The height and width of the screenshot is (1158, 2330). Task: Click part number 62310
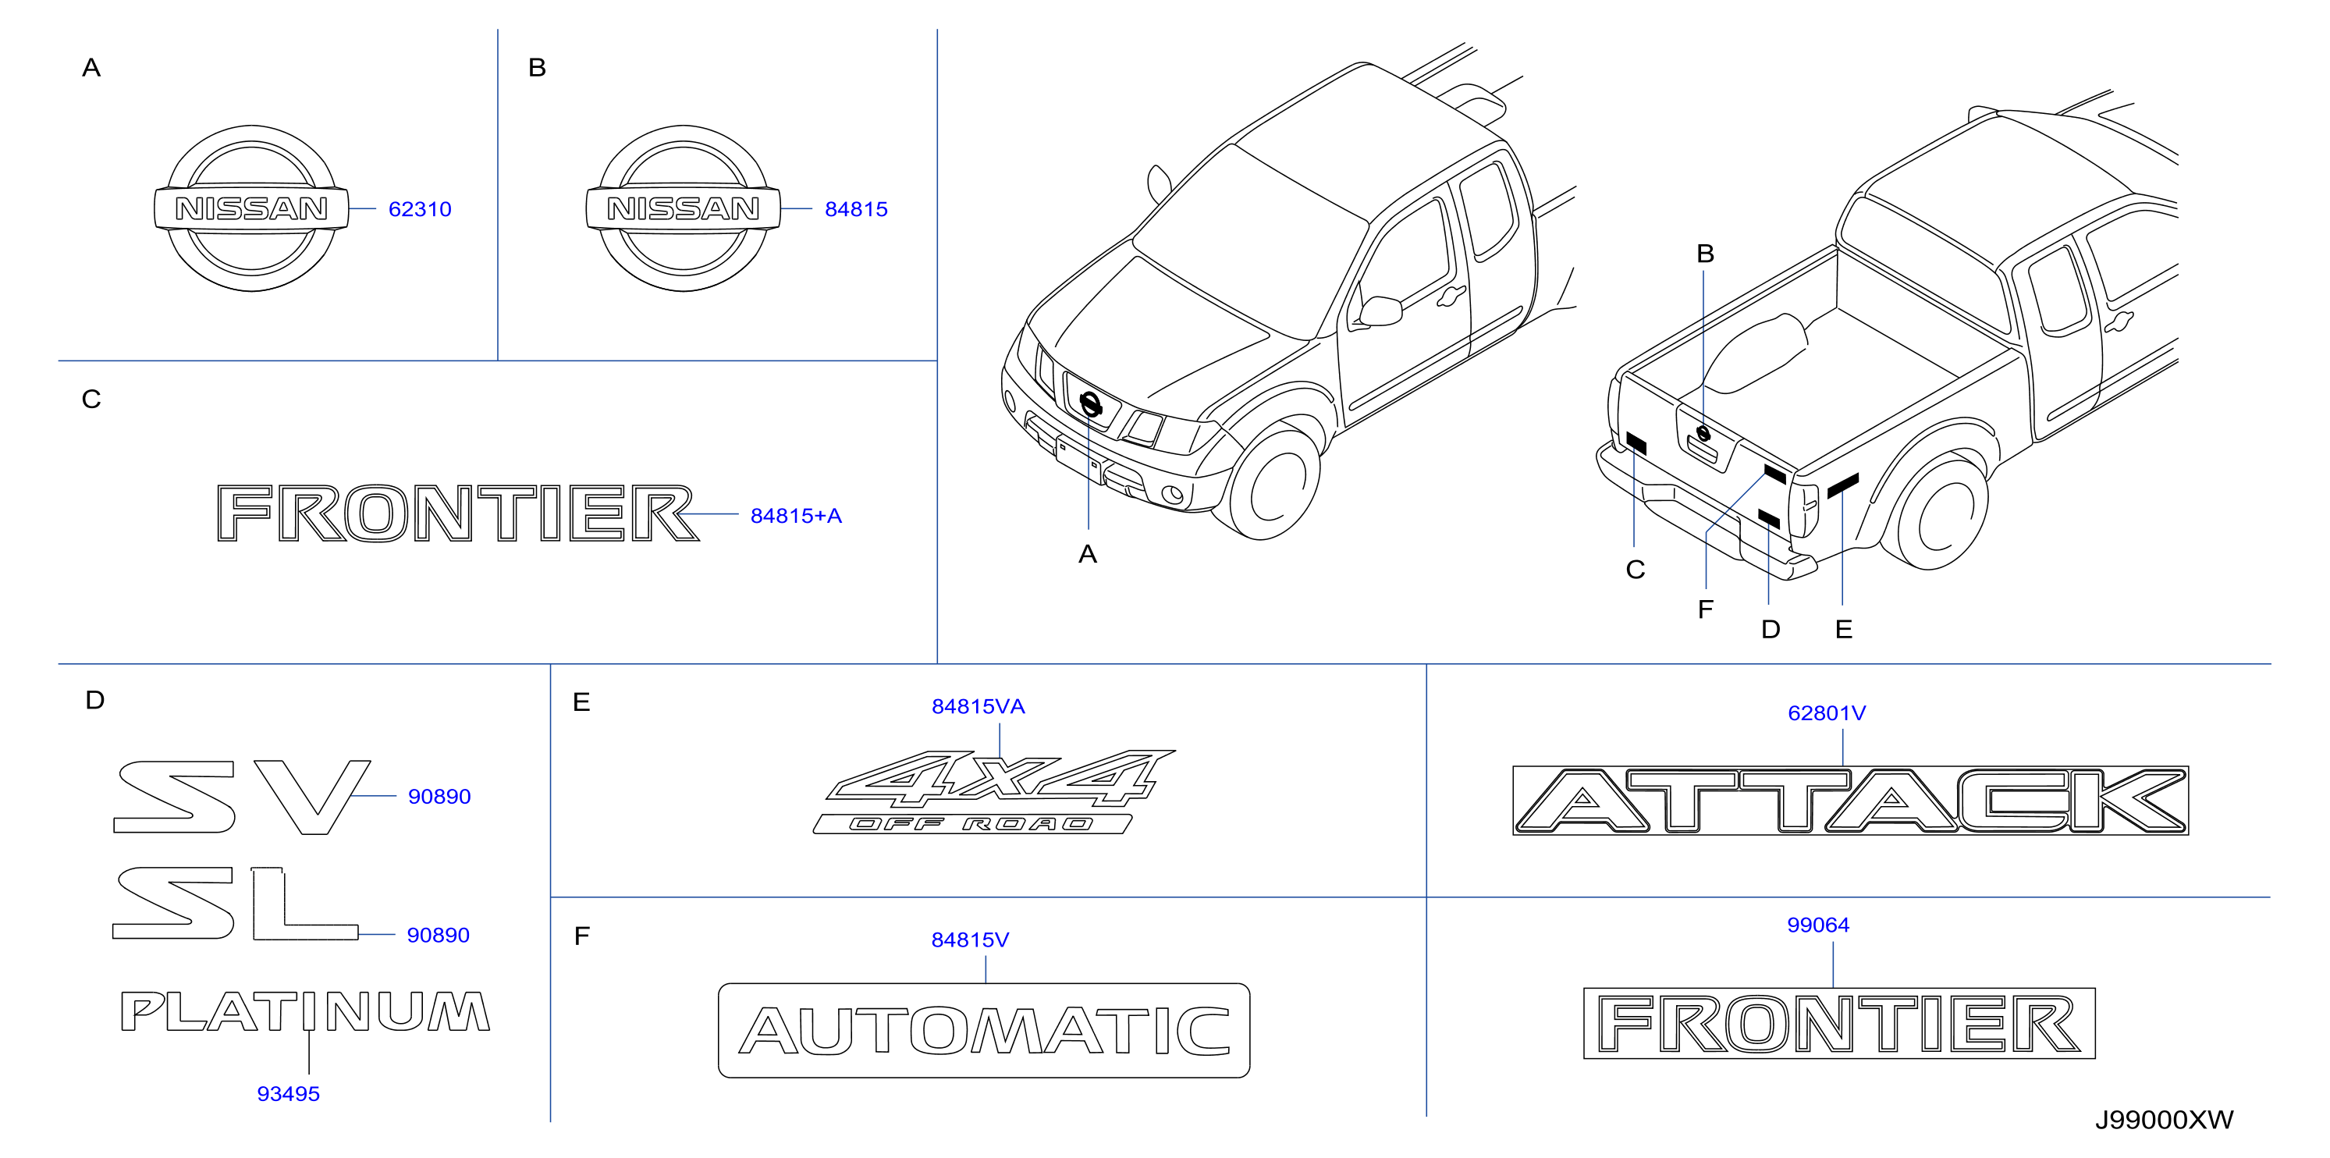(x=420, y=209)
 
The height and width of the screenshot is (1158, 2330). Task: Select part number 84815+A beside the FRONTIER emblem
(x=796, y=516)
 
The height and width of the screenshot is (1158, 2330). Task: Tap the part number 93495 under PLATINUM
(x=289, y=1094)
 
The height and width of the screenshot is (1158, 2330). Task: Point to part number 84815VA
(x=979, y=706)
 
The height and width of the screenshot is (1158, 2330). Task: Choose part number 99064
(x=1818, y=925)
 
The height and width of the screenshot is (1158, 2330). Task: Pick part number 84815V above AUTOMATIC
(x=971, y=940)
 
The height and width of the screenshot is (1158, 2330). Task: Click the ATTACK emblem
(x=1851, y=801)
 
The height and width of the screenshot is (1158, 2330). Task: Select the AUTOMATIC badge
(x=984, y=1031)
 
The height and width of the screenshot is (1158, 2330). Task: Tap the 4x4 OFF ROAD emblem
(x=993, y=791)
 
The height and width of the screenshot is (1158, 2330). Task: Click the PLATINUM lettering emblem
(x=306, y=1011)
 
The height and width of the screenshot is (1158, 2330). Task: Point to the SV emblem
(x=243, y=797)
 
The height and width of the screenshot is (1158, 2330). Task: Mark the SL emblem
(x=235, y=903)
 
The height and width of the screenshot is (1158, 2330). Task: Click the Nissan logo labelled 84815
(x=684, y=208)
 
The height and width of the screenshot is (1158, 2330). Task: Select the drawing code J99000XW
(x=2165, y=1120)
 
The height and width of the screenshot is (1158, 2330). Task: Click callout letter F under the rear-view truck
(x=1706, y=609)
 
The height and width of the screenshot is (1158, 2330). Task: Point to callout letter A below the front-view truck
(x=1087, y=554)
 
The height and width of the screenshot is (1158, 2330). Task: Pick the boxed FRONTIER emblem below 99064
(x=1840, y=1023)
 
